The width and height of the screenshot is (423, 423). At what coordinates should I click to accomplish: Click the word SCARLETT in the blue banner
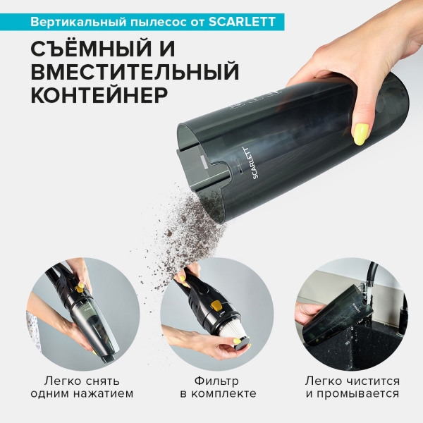pyautogui.click(x=244, y=21)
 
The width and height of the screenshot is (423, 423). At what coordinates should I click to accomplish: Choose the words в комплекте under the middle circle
pyautogui.click(x=212, y=394)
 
